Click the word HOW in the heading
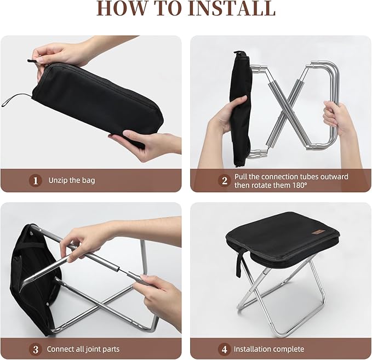click(123, 9)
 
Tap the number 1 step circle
click(36, 180)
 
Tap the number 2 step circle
click(224, 180)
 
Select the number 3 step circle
click(36, 348)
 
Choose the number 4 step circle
click(224, 348)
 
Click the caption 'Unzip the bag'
click(71, 180)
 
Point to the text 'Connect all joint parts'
click(83, 348)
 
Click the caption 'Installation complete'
click(268, 348)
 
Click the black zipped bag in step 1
click(99, 101)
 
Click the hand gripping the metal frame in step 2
click(339, 118)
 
